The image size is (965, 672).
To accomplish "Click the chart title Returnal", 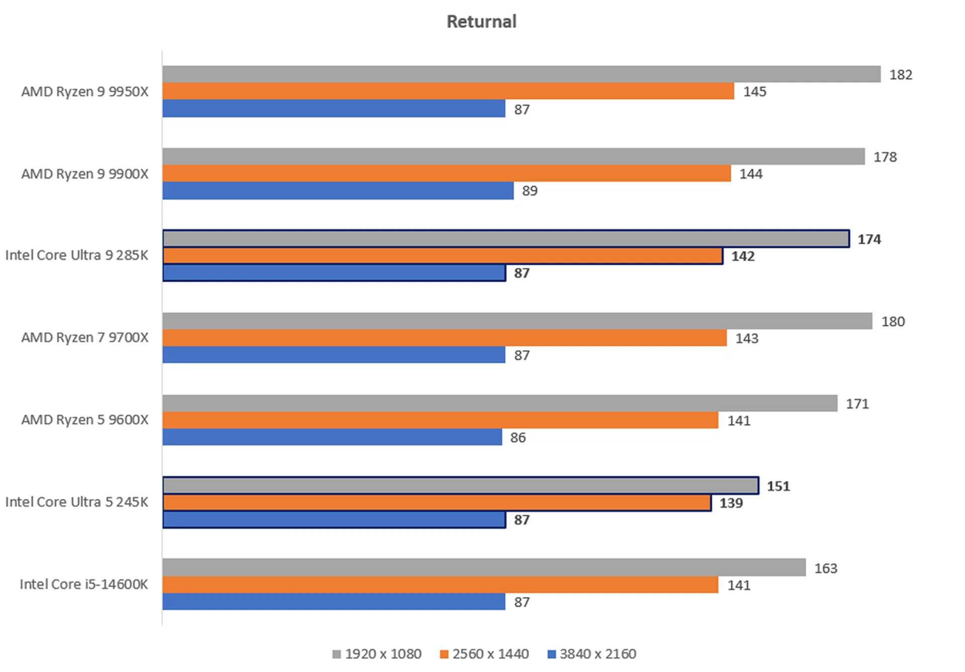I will (x=481, y=22).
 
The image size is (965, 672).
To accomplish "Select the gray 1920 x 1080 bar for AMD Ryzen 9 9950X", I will (x=521, y=74).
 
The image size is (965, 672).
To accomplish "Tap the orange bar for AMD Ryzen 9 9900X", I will (x=446, y=173).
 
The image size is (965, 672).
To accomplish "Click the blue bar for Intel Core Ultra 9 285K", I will (x=334, y=273).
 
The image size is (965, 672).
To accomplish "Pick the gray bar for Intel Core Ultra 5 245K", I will (x=460, y=485).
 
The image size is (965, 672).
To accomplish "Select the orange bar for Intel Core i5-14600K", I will (x=440, y=584).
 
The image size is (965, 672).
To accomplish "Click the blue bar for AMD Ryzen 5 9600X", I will (x=332, y=437).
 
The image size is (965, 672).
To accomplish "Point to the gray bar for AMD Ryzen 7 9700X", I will (x=517, y=321).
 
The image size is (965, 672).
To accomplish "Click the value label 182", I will (x=901, y=75).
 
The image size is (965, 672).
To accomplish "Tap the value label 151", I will (x=778, y=486).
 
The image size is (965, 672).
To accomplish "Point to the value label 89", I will (x=530, y=191).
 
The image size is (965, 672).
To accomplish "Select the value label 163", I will (x=826, y=568).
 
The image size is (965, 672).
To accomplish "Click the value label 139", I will (x=731, y=503).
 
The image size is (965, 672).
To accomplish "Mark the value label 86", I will (x=518, y=438).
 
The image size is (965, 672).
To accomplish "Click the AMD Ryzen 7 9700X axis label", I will (x=85, y=338).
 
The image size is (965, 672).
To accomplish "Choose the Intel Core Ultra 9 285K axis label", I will (x=77, y=256).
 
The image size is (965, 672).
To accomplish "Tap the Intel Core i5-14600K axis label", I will (x=84, y=584).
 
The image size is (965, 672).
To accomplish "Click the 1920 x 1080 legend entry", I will (x=377, y=654).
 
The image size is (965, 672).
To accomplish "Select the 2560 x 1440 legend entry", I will (x=485, y=654).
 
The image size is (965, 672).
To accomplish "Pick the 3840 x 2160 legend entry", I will (x=592, y=654).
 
